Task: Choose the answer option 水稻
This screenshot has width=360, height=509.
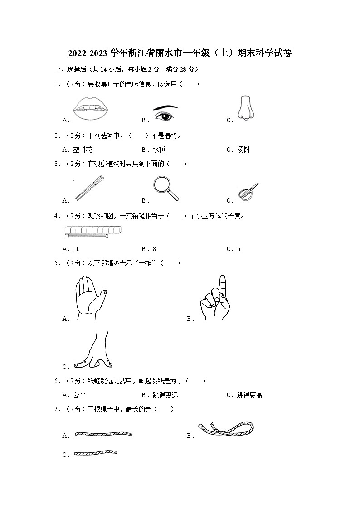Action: pos(159,150)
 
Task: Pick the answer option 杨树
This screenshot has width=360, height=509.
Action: pos(243,150)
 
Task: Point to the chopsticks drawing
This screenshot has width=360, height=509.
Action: pos(89,189)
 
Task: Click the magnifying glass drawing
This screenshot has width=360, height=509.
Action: pos(165,188)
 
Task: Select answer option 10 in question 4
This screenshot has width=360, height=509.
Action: pos(76,249)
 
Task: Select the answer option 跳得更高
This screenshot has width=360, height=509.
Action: pos(249,395)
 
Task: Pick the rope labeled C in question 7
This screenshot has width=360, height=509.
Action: pos(95,452)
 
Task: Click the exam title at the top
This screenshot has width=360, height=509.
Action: pos(180,53)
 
